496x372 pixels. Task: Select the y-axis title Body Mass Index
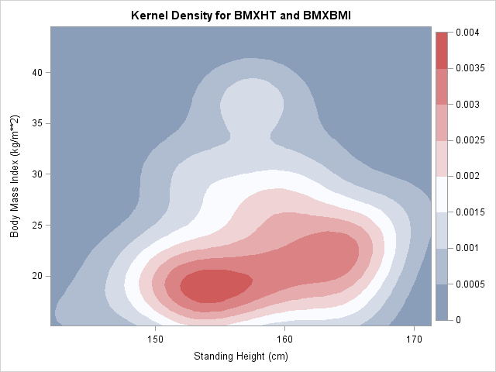pyautogui.click(x=15, y=177)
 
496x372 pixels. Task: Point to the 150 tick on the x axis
pyautogui.click(x=155, y=339)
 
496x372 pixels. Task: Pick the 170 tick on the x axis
pyautogui.click(x=414, y=339)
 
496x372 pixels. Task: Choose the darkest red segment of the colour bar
pyautogui.click(x=442, y=50)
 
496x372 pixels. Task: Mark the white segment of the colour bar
pyautogui.click(x=442, y=195)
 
